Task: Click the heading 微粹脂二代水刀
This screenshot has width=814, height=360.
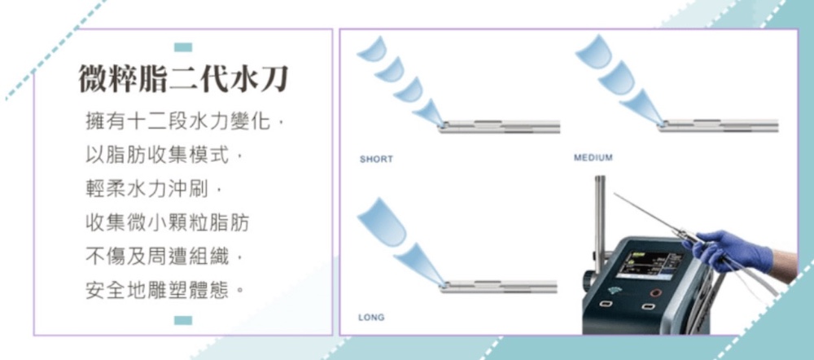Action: tap(183, 80)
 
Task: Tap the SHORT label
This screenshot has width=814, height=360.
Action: tap(376, 160)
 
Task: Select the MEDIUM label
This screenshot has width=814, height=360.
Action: tap(593, 157)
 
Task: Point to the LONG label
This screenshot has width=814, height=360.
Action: tap(371, 318)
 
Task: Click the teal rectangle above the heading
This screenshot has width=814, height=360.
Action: tap(183, 47)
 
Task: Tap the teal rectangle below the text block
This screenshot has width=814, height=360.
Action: tap(183, 320)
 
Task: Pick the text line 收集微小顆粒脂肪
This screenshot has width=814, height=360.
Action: tap(167, 223)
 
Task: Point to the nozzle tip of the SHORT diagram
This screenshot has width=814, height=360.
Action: tap(442, 125)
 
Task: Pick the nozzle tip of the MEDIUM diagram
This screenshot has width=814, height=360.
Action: tap(662, 124)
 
